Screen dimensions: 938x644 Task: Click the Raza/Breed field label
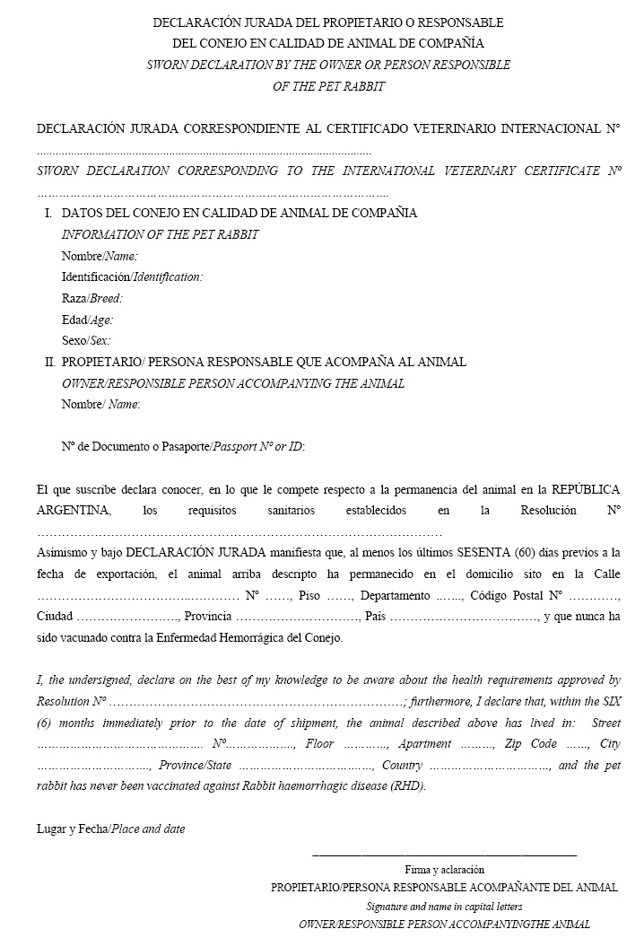click(x=91, y=298)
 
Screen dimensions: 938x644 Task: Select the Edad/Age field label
click(x=87, y=320)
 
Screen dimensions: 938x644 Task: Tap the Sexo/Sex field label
click(x=86, y=341)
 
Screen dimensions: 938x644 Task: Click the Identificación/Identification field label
click(x=132, y=276)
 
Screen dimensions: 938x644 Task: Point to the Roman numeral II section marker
click(x=49, y=362)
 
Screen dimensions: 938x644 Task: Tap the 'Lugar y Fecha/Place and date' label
click(x=111, y=828)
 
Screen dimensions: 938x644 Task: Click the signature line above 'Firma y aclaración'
click(x=444, y=855)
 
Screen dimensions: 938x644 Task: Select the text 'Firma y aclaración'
click(x=444, y=869)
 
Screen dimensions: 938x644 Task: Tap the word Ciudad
click(x=55, y=617)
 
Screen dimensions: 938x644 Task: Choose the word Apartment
click(x=425, y=744)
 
